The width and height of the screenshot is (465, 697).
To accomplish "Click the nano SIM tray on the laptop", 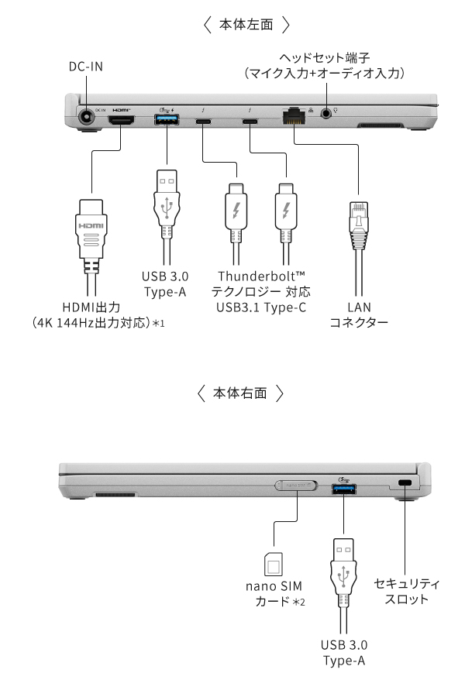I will (x=295, y=486).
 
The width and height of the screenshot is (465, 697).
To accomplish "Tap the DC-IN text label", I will (x=85, y=67).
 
